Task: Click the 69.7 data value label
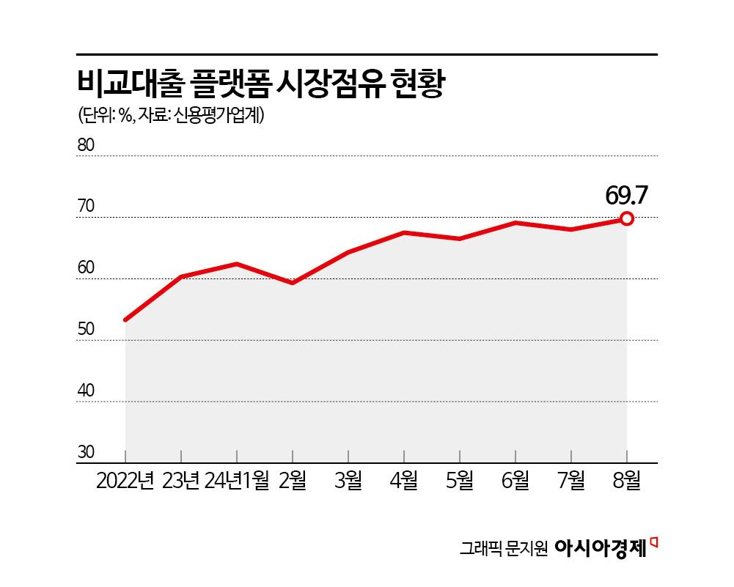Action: click(x=628, y=195)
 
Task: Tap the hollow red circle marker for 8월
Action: click(x=628, y=218)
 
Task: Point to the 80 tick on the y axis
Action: click(x=86, y=145)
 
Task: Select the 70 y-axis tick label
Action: click(x=86, y=207)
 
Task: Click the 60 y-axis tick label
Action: click(x=86, y=268)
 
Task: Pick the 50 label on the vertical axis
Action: click(x=86, y=330)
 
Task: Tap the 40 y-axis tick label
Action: click(x=86, y=391)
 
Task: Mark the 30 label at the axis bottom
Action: click(x=86, y=452)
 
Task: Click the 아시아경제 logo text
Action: click(x=601, y=547)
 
